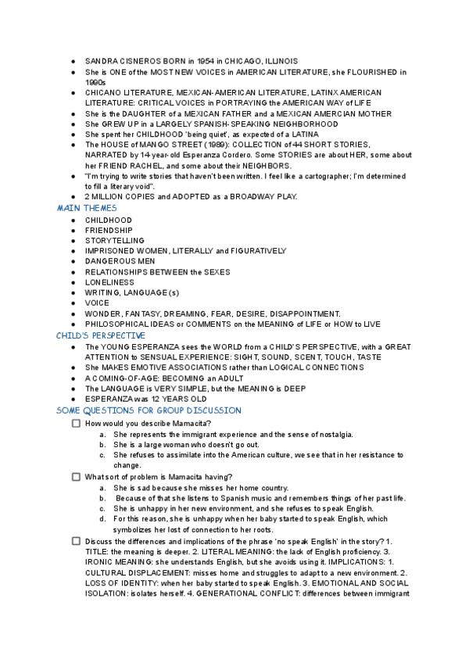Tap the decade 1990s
point(96,81)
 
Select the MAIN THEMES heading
point(87,209)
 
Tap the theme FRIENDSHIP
point(109,230)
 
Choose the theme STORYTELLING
point(115,241)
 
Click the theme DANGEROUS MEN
point(116,261)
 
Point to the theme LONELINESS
point(109,282)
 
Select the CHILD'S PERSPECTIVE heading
point(101,335)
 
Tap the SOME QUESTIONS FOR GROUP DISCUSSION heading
point(149,410)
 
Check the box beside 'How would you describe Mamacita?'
point(76,423)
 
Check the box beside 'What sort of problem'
point(76,477)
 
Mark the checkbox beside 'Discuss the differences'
point(76,541)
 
